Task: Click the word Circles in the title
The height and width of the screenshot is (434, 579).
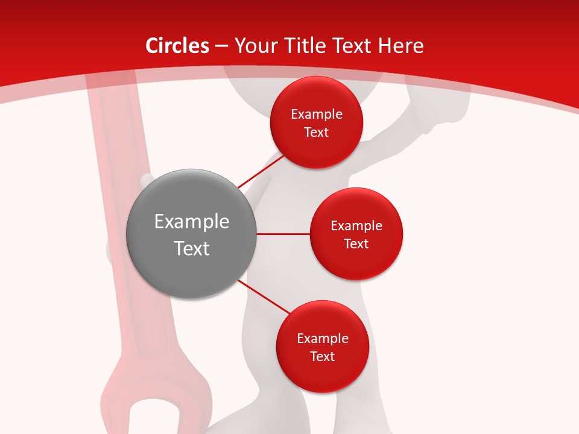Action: click(x=177, y=46)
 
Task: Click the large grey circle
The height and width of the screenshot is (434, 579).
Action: click(x=192, y=234)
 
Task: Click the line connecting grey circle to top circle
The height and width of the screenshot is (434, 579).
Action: click(x=261, y=171)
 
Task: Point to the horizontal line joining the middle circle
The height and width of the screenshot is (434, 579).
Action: click(x=283, y=234)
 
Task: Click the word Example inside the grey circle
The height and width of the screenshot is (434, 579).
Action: click(x=192, y=222)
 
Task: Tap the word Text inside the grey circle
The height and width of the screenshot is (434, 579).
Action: click(x=192, y=248)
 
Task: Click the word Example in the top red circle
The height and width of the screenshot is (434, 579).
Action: click(x=317, y=115)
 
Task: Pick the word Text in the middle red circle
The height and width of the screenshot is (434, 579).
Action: click(x=356, y=244)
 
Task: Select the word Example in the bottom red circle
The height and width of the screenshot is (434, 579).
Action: click(x=322, y=339)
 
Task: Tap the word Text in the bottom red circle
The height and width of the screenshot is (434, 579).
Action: click(x=322, y=356)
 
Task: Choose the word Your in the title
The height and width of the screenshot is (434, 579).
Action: click(x=254, y=46)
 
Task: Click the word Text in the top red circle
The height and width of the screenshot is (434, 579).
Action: click(x=317, y=132)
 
